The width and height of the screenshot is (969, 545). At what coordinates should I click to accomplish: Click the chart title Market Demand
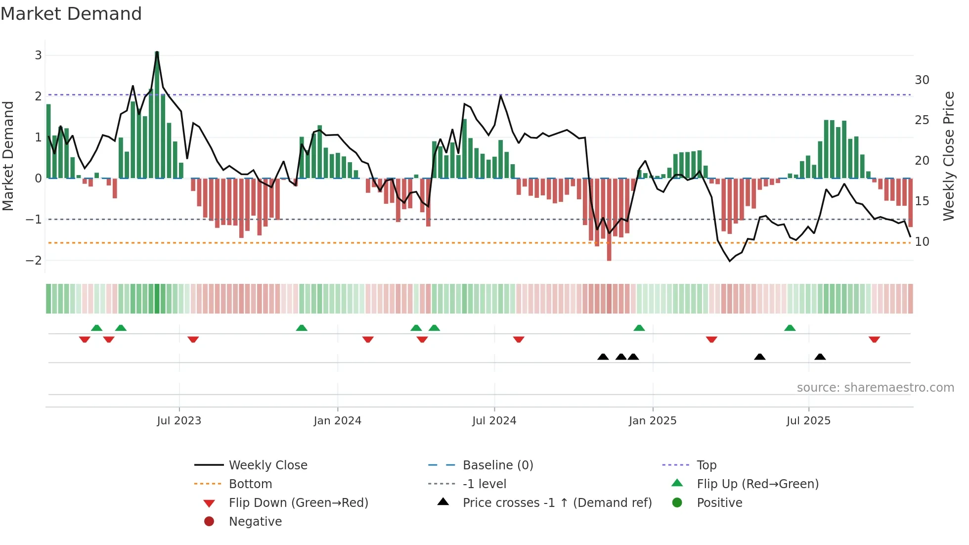pos(71,14)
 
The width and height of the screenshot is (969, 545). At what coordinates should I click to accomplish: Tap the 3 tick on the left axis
pos(38,55)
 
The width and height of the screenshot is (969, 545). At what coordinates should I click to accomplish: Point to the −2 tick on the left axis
pos(34,260)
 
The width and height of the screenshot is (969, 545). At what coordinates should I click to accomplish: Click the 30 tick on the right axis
pos(922,80)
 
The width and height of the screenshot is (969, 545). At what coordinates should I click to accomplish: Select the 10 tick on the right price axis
pos(922,242)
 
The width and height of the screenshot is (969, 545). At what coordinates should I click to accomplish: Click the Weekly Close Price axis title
pos(948,156)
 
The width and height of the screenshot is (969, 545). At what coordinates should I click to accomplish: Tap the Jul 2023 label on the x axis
pos(179,421)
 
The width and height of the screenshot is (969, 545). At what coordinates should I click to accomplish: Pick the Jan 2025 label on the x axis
pos(653,421)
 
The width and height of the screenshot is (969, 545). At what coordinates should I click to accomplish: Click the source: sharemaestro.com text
pos(875,388)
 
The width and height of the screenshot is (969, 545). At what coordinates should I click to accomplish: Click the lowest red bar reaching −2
pos(609,220)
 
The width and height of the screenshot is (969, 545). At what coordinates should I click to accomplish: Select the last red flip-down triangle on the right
pos(874,339)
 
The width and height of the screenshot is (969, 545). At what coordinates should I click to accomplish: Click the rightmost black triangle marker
pos(820,357)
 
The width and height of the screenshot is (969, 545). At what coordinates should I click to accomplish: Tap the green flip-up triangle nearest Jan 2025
pos(639,328)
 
